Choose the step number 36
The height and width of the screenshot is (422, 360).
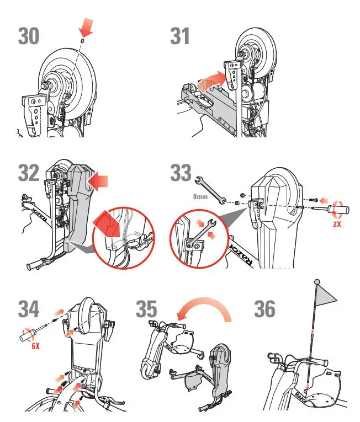click(264, 309)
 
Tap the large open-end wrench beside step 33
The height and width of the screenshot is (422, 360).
click(211, 189)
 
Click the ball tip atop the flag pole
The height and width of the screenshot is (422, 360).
click(317, 282)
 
